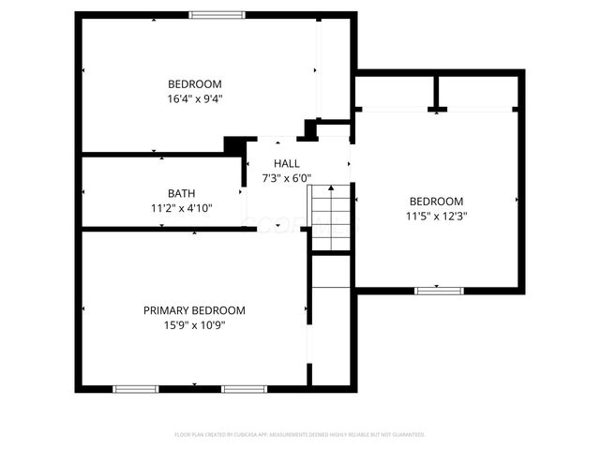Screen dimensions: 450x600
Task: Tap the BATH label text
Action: pos(181,194)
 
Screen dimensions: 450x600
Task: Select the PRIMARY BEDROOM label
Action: pos(194,310)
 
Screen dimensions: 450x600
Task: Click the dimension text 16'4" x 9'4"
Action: pos(194,97)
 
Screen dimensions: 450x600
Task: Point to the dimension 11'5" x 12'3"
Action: pos(436,216)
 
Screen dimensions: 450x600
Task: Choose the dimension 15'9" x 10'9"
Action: pos(194,325)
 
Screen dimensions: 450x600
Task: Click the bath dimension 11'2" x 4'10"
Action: pos(181,208)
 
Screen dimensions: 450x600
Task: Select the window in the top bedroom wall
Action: pos(217,14)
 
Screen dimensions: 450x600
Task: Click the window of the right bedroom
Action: pos(440,290)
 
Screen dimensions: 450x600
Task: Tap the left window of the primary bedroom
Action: pos(135,388)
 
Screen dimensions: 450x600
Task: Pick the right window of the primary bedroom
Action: pos(244,388)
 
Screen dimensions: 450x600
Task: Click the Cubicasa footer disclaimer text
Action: pos(300,435)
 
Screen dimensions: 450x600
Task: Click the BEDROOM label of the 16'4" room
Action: pos(194,83)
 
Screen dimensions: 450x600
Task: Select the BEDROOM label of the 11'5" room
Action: pos(436,202)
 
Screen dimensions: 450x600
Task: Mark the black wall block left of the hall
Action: pos(234,146)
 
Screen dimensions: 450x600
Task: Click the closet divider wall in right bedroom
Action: pos(436,92)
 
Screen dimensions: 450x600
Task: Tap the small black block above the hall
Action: pos(311,129)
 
